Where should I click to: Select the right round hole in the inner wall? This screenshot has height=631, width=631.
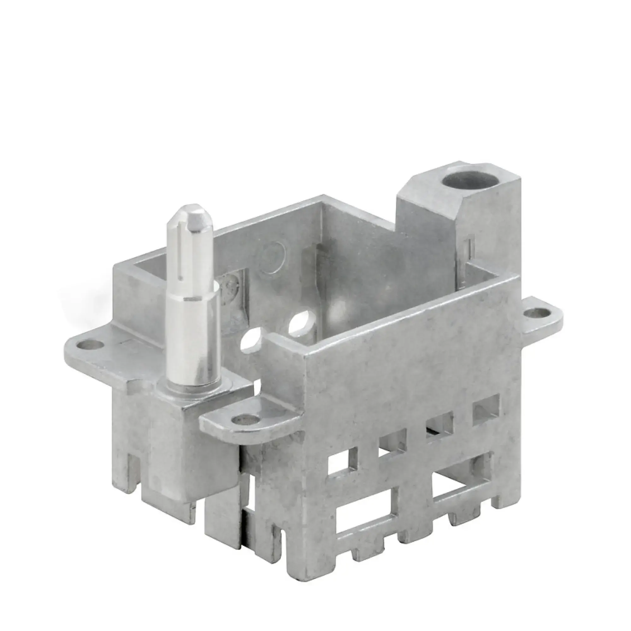click(301, 323)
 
